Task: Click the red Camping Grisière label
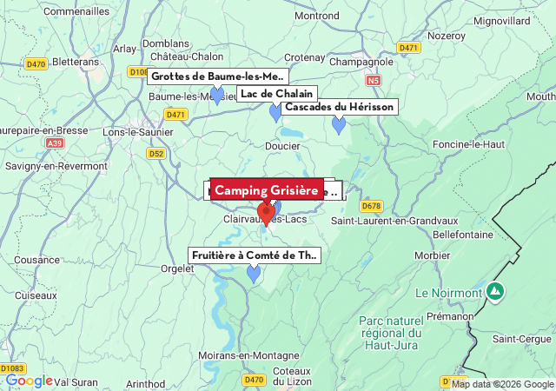coord(267,190)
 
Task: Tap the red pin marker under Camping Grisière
coord(267,211)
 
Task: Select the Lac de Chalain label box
coord(275,94)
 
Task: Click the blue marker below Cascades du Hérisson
coord(339,125)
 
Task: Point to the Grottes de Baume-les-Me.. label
coord(218,76)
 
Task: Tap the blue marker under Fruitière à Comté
coord(254,274)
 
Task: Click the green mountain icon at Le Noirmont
coord(494,291)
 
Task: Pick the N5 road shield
coord(374,80)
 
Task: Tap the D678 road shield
coord(371,206)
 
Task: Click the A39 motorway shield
coord(55,142)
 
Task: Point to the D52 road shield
coord(156,153)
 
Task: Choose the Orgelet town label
coord(177,268)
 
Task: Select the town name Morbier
coord(433,255)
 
